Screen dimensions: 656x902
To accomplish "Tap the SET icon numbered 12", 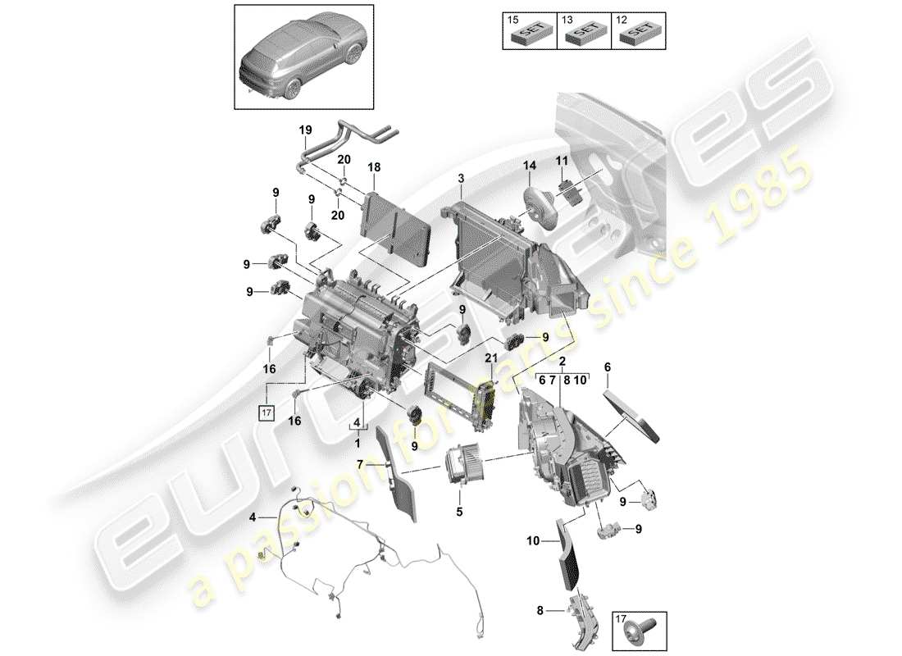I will (x=638, y=32).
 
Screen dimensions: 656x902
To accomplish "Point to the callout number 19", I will (x=305, y=130).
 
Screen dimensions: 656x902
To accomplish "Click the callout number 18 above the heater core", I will (x=374, y=166).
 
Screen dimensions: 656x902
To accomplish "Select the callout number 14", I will (x=529, y=166).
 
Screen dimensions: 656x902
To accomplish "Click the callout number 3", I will (x=461, y=178).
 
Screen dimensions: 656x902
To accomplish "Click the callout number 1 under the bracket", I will (x=358, y=442).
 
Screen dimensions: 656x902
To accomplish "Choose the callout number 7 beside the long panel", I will (x=359, y=465).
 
